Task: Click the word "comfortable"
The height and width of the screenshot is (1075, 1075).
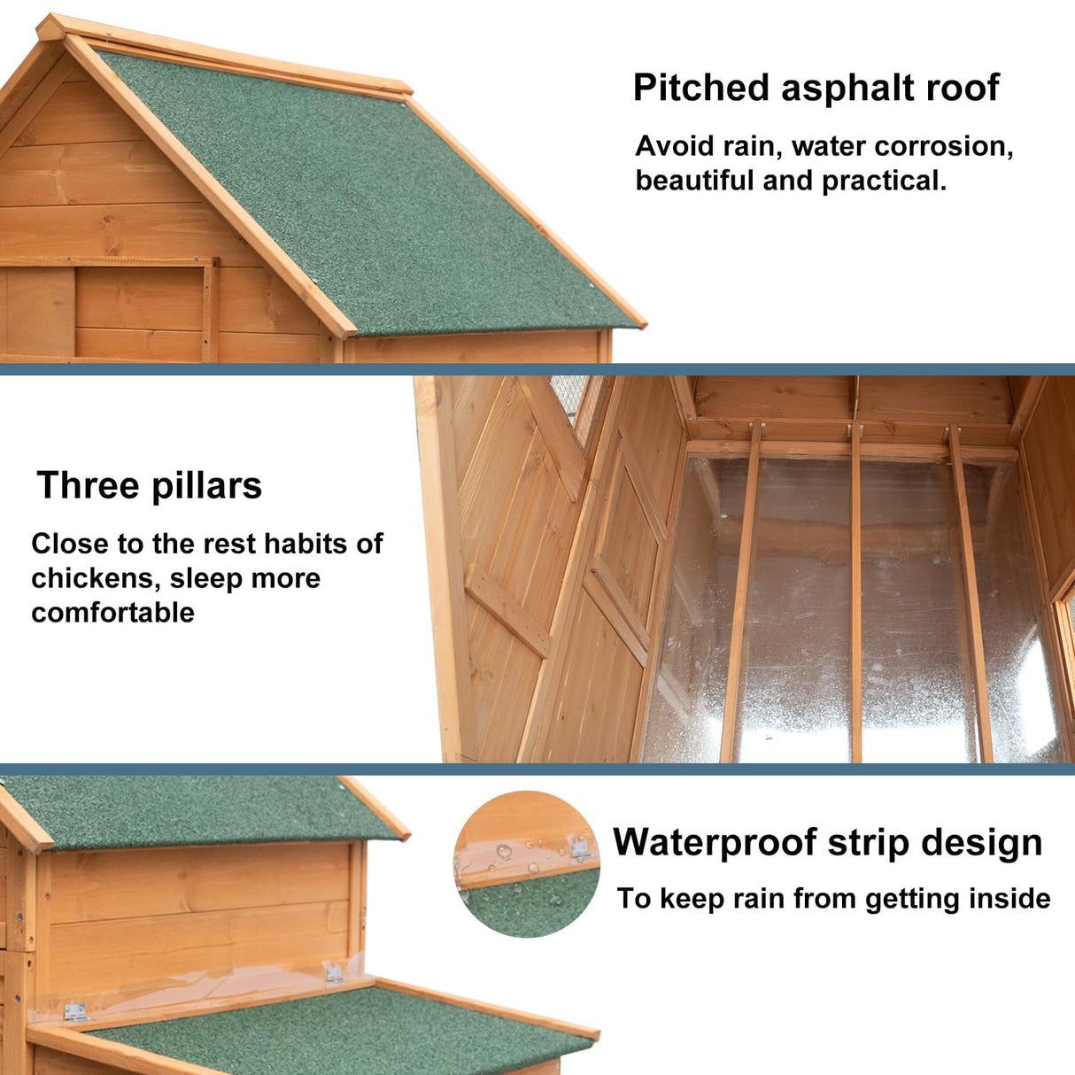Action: pos(112,613)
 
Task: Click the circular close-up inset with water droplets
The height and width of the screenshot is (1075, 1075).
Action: pos(527,864)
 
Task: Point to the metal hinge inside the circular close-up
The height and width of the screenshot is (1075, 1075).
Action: pos(580,849)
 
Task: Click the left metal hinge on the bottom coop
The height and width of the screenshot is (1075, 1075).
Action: pos(75,1012)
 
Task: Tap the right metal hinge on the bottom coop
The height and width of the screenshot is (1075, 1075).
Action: pos(334,973)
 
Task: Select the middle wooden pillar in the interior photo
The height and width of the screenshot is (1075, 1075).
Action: pos(856,593)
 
